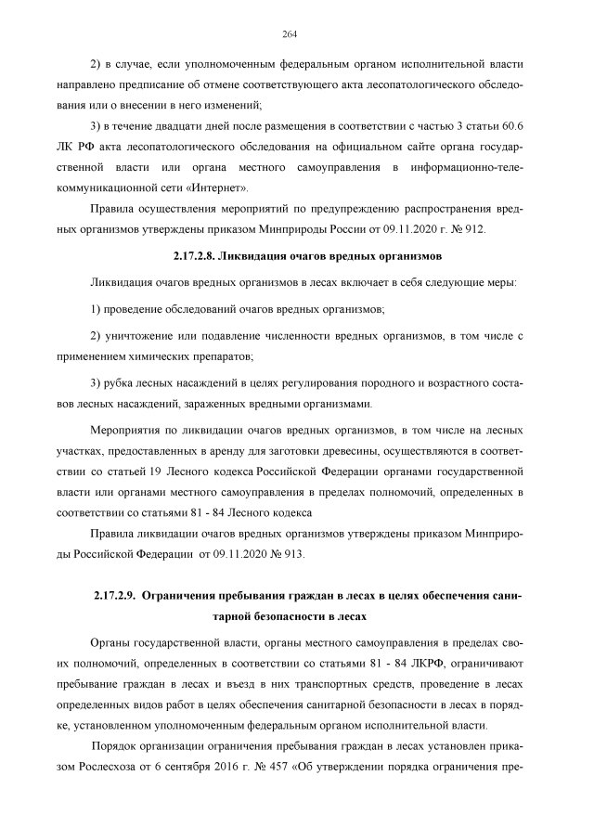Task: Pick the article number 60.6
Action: [513, 125]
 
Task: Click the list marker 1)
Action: [97, 307]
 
